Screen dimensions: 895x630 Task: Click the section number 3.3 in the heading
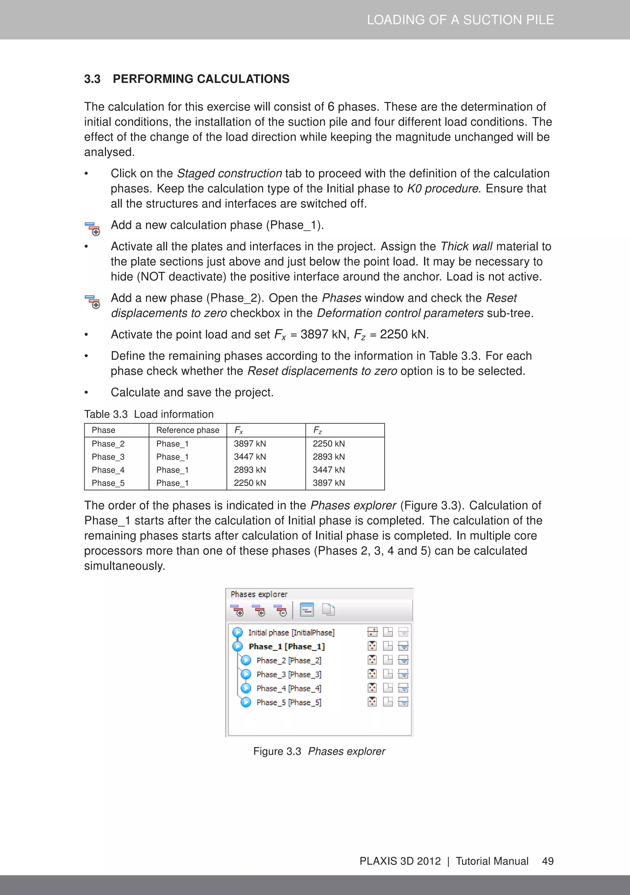pos(92,79)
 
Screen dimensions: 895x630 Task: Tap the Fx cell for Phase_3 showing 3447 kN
pos(250,457)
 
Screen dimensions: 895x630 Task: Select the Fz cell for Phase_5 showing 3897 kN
pos(329,483)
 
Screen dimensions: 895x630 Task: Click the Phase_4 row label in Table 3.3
pos(108,470)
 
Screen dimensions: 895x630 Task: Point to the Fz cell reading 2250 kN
pos(329,444)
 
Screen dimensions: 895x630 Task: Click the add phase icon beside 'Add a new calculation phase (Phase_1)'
pos(92,228)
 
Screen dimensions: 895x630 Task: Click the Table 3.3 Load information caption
pos(149,414)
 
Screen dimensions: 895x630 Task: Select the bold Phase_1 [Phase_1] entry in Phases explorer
pos(286,646)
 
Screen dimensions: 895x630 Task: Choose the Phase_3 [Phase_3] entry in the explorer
pos(289,674)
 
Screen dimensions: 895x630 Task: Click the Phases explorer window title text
pos(259,594)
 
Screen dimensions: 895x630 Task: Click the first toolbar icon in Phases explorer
pos(237,610)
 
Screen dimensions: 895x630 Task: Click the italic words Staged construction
pos(229,173)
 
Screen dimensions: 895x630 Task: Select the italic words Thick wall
pos(466,246)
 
